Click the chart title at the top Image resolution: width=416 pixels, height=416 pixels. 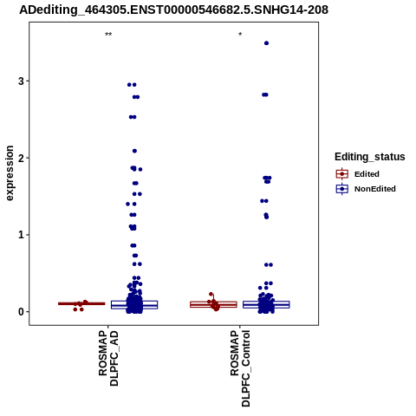pyautogui.click(x=173, y=10)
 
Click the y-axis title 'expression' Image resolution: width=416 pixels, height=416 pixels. pyautogui.click(x=10, y=173)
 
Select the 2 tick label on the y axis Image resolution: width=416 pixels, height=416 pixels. pyautogui.click(x=21, y=158)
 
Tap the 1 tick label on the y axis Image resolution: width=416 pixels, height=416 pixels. pyautogui.click(x=21, y=235)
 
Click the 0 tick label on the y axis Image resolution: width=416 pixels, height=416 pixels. pyautogui.click(x=21, y=312)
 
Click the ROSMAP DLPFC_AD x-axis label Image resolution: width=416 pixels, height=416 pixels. pyautogui.click(x=108, y=358)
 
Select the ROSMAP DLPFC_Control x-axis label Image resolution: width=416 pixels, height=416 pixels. pyautogui.click(x=240, y=368)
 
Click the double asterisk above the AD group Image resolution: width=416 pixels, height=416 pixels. pyautogui.click(x=108, y=35)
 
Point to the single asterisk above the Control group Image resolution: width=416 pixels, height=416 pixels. pyautogui.click(x=240, y=35)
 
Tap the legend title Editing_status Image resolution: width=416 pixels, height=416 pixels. pyautogui.click(x=370, y=157)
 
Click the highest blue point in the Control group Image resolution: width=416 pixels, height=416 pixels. pyautogui.click(x=266, y=43)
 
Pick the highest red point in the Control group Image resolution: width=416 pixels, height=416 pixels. pyautogui.click(x=211, y=294)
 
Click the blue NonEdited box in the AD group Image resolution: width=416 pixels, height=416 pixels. pyautogui.click(x=134, y=305)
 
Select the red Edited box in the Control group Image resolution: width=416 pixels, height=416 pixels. pyautogui.click(x=213, y=304)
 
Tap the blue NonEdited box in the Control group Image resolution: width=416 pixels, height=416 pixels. pyautogui.click(x=266, y=304)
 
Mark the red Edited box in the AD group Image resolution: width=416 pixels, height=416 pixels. pyautogui.click(x=81, y=303)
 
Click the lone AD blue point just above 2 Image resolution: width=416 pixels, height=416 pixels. pyautogui.click(x=134, y=151)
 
